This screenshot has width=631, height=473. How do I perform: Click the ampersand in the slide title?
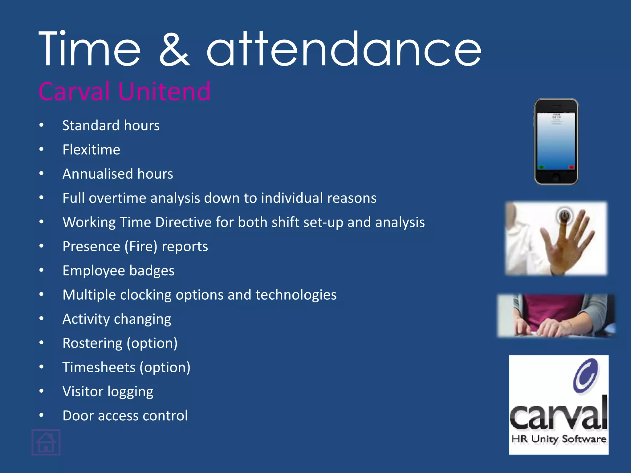174,49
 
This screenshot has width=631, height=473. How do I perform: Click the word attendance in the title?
344,49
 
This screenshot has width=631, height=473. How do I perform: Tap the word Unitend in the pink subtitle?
164,91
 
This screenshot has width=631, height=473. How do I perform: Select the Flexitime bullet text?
91,150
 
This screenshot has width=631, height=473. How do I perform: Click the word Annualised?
98,174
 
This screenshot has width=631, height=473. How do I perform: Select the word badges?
152,271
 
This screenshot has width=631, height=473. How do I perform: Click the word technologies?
296,295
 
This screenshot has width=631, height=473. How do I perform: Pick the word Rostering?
92,343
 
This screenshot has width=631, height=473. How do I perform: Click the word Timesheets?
99,367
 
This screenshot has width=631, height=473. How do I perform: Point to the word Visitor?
83,391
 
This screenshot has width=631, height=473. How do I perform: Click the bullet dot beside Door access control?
42,415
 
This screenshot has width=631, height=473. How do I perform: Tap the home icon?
46,442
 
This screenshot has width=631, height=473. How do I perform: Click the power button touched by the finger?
564,215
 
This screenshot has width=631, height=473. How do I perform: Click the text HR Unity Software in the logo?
559,439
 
